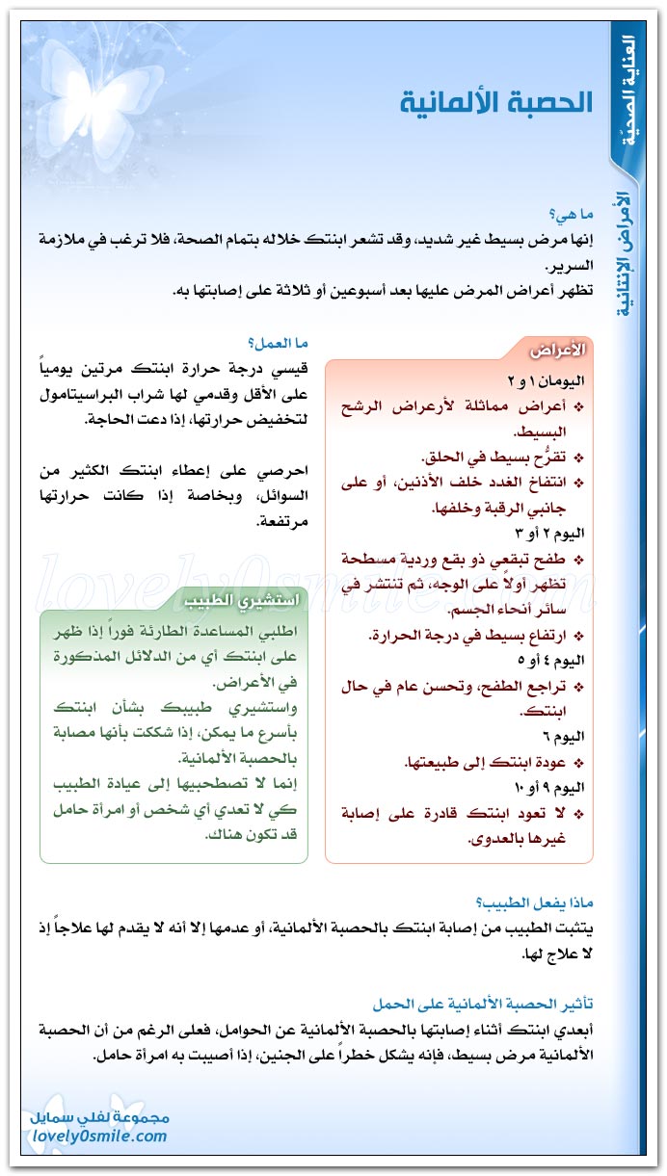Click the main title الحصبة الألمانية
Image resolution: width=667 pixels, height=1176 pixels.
[496, 103]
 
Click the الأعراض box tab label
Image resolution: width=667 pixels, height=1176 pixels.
[560, 348]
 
